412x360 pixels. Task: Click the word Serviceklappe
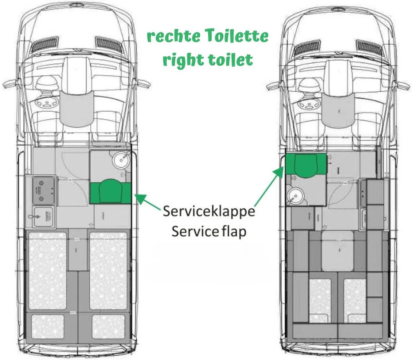coord(209,212)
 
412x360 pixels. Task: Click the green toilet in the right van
coord(306,165)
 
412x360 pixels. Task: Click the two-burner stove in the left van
coord(42,190)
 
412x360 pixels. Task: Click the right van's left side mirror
coord(272,85)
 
